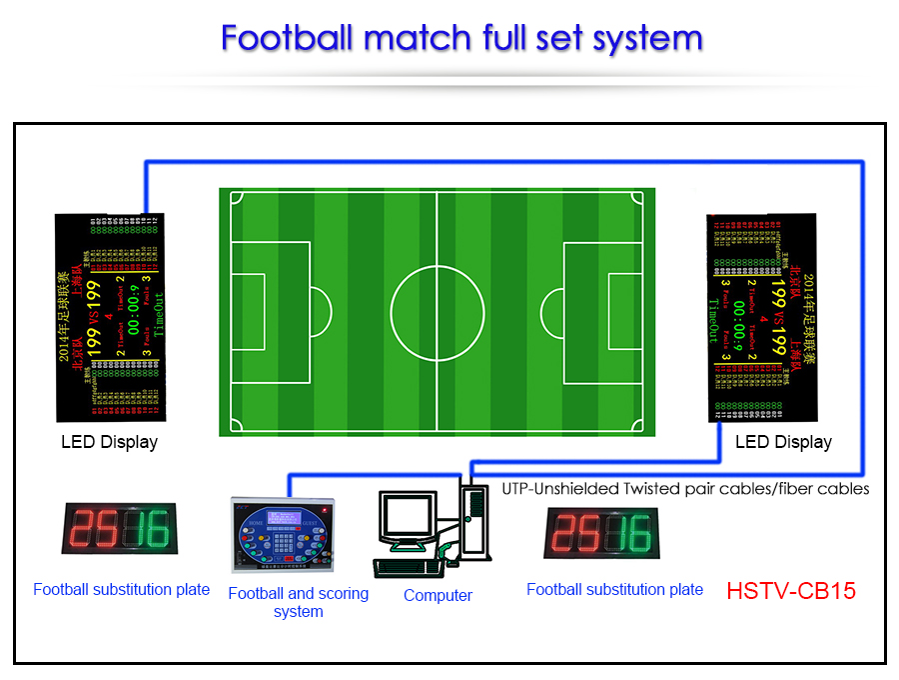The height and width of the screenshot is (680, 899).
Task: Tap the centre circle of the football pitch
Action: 438,311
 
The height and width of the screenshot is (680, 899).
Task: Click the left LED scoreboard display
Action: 110,317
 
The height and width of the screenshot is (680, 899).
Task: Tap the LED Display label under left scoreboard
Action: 110,441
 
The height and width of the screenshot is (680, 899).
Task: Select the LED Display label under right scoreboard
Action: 784,441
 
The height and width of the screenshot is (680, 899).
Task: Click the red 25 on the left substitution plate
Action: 92,529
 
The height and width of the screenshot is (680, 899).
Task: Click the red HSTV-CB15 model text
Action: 791,590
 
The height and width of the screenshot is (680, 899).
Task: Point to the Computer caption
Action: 438,595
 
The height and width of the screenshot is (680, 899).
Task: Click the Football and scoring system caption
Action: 298,602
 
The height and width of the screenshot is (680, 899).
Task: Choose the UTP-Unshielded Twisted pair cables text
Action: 685,489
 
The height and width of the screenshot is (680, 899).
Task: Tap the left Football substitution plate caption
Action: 121,589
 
